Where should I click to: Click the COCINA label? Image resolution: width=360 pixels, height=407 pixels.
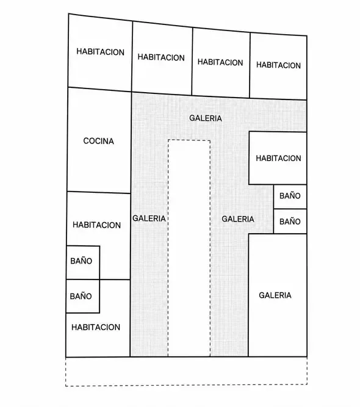98,141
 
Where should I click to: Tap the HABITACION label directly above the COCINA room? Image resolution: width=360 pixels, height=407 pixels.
100,52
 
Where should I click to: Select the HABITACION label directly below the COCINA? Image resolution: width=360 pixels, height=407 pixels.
96,225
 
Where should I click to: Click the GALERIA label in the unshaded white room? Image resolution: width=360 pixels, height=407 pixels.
275,295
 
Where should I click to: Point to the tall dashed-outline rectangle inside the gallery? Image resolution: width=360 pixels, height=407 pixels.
168,247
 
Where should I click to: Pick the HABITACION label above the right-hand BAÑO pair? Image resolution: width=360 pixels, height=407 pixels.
278,158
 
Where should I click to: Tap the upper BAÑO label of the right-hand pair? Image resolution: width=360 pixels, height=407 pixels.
290,195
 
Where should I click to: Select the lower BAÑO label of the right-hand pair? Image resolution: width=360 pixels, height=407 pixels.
290,221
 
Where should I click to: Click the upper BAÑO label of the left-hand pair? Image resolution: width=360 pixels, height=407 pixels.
81,261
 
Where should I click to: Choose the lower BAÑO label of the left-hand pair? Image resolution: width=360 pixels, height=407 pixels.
81,296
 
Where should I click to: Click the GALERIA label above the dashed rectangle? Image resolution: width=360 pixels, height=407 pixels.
206,118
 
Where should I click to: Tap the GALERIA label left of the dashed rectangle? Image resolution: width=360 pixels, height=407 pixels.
149,218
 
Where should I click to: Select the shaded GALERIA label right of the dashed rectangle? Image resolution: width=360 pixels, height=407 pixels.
238,219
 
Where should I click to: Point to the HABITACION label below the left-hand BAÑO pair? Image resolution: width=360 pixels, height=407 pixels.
96,327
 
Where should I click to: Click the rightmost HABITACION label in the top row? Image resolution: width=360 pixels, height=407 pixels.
278,65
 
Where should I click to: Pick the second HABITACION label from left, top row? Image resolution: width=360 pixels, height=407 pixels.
161,57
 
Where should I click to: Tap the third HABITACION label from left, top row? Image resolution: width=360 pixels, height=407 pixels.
220,62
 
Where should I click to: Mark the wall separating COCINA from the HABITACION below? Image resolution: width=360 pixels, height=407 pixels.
99,192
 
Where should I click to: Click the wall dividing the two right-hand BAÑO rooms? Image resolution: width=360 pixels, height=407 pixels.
290,209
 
